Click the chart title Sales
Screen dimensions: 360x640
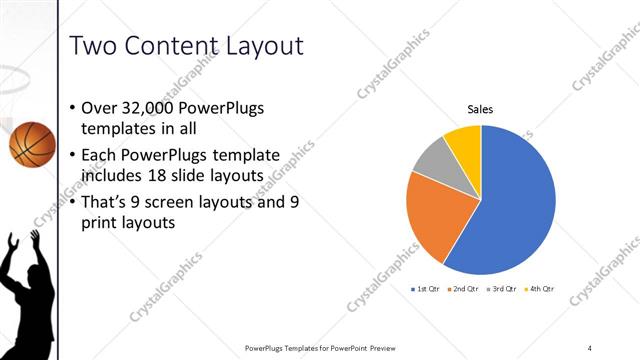(481, 110)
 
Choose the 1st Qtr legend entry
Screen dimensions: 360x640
(427, 289)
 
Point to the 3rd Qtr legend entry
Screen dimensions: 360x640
(503, 289)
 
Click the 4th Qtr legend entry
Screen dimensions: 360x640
(540, 289)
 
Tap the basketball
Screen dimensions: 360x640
(32, 143)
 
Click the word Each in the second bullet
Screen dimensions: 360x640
(106, 156)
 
